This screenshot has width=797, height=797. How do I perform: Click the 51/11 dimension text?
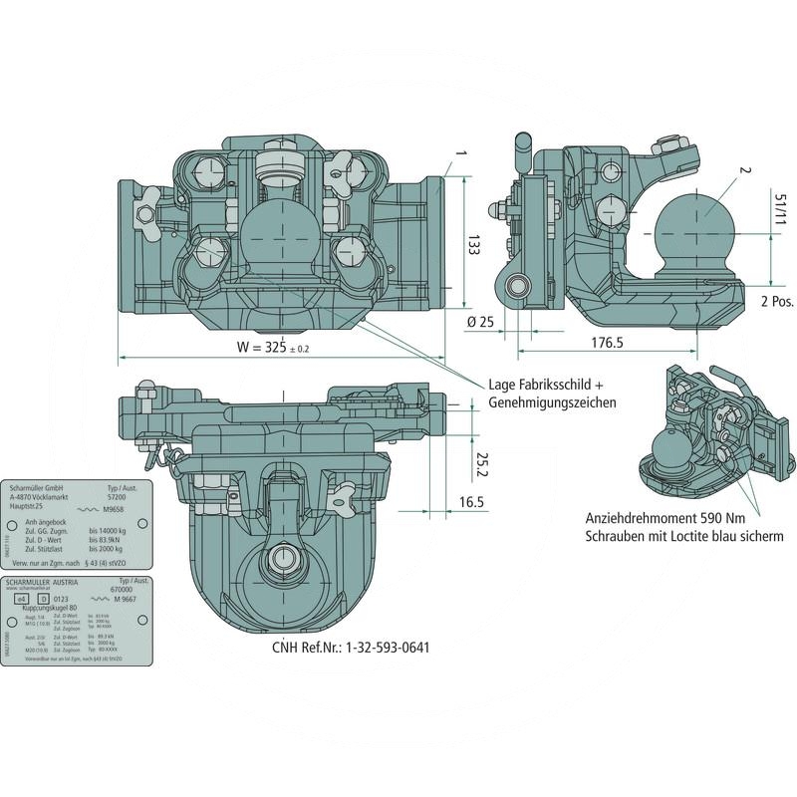777,213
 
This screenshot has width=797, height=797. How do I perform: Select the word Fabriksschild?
554,385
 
